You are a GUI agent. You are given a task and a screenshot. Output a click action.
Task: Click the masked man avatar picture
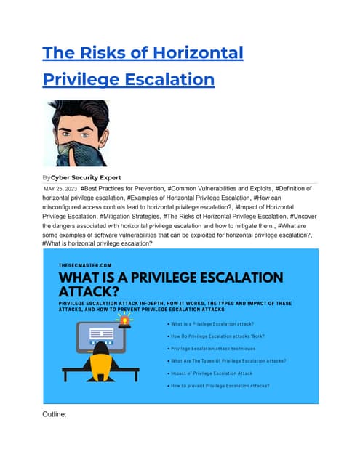(76, 133)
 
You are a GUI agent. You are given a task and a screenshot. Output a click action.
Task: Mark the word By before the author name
(48, 177)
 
